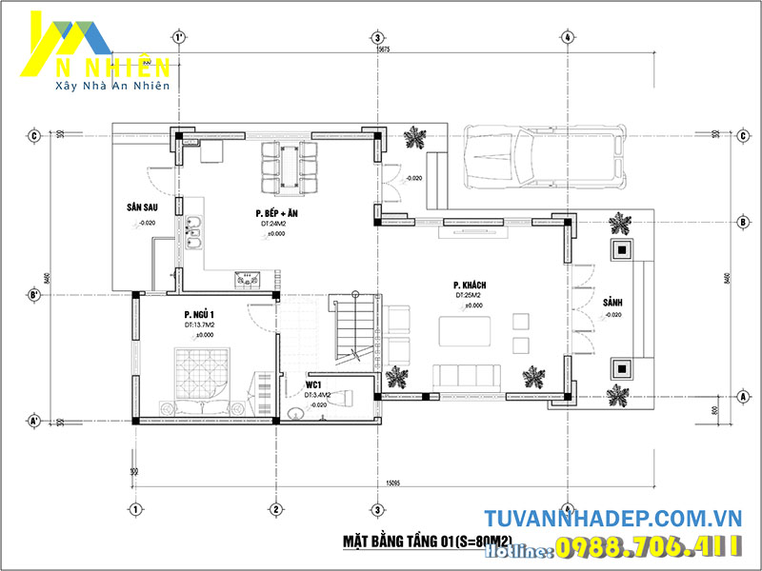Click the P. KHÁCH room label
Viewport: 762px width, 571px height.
471,285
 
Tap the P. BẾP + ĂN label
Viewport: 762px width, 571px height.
276,213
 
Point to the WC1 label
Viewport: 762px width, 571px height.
312,384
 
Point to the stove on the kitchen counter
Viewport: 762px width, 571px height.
250,278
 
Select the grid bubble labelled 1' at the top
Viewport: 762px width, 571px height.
178,37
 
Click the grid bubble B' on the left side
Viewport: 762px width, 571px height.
33,295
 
